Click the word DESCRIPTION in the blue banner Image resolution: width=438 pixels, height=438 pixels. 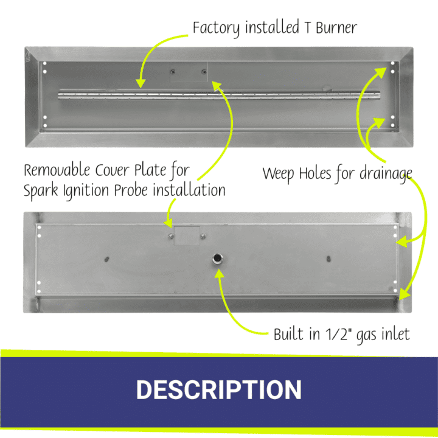click(x=219, y=389)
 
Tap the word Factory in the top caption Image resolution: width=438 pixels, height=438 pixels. click(x=216, y=28)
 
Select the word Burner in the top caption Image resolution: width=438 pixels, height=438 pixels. click(x=336, y=27)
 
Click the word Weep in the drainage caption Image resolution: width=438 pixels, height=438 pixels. click(x=278, y=174)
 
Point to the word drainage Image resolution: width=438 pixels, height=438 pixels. click(x=386, y=174)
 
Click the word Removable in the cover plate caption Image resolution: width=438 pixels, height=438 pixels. click(x=57, y=170)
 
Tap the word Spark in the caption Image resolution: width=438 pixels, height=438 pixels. click(x=41, y=190)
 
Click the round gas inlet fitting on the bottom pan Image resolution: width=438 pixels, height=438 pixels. click(x=217, y=259)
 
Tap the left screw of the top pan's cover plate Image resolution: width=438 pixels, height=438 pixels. click(x=173, y=72)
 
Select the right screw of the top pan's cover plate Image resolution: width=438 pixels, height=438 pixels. click(x=204, y=72)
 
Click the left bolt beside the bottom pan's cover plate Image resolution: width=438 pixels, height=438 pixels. click(x=171, y=236)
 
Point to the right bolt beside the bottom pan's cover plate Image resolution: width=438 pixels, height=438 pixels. click(x=203, y=236)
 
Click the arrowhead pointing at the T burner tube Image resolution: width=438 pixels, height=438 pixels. click(x=141, y=83)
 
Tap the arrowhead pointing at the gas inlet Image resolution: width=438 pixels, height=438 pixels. click(x=219, y=274)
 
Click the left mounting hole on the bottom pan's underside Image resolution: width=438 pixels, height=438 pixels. click(x=106, y=259)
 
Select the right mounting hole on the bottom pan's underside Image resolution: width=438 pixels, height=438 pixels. click(x=328, y=259)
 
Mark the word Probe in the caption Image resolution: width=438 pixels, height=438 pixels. click(x=131, y=190)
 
